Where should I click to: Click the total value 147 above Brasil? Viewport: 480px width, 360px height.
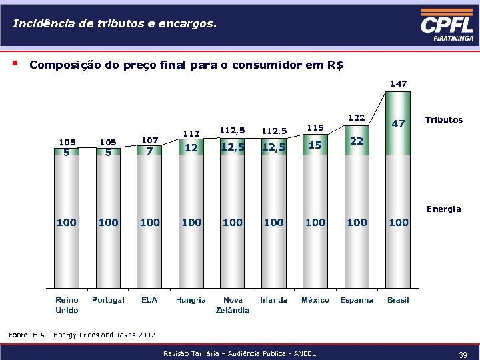point(399,83)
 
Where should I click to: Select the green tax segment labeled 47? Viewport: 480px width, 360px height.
point(398,124)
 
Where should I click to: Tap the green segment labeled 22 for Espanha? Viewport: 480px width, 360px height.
point(357,141)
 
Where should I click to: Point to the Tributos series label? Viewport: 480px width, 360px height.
point(443,120)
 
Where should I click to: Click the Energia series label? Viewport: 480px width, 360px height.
point(443,209)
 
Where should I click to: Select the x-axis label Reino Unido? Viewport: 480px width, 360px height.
point(67,305)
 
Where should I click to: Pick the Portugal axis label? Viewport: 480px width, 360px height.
point(108,300)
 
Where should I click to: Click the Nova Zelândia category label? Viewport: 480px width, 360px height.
point(233,305)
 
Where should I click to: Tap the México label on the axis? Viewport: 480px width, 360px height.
point(315,300)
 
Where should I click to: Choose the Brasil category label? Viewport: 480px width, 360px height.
point(398,300)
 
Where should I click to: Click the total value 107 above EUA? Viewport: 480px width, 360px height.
point(150,140)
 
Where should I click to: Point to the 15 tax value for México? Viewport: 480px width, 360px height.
point(315,145)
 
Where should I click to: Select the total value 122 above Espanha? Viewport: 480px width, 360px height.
point(357,117)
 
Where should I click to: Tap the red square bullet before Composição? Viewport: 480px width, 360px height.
point(14,65)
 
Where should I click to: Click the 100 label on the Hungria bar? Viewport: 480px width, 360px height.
point(191,222)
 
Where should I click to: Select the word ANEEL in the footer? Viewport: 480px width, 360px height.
point(303,353)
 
